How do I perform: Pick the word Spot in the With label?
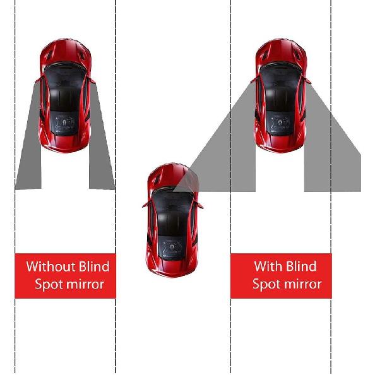click(x=266, y=284)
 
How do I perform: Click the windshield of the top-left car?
click(x=66, y=75)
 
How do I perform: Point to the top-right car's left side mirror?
click(x=253, y=80)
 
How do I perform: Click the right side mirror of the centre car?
click(x=200, y=205)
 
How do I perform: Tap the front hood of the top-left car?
click(x=66, y=53)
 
